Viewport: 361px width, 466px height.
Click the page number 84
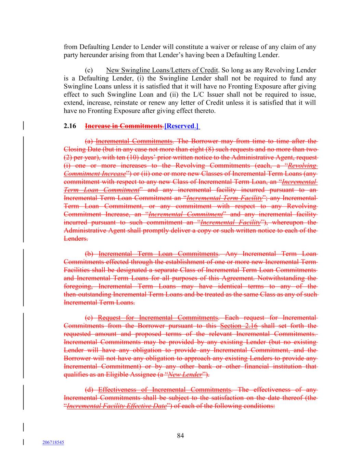click(180, 436)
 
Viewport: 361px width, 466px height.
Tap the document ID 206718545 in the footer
click(53, 442)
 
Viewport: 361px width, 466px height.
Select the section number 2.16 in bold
click(70, 126)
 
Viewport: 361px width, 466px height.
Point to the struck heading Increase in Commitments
click(124, 126)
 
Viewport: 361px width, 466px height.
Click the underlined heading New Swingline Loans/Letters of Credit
click(162, 70)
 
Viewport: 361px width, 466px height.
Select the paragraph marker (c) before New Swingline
click(89, 70)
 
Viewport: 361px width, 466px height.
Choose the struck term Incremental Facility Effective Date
click(117, 406)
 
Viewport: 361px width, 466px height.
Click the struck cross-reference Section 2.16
click(239, 326)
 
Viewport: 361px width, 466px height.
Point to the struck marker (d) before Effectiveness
click(90, 390)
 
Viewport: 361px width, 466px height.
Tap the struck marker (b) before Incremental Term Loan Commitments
click(90, 254)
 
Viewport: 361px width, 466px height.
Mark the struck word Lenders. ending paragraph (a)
click(76, 239)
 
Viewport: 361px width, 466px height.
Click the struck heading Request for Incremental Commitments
click(158, 317)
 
